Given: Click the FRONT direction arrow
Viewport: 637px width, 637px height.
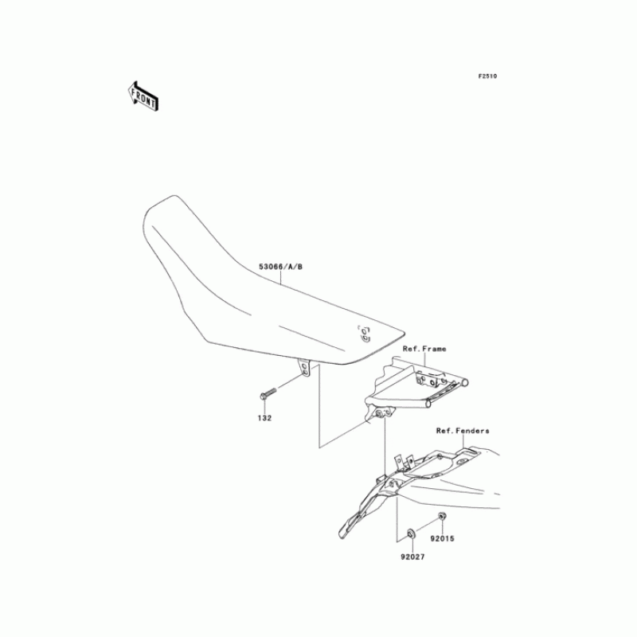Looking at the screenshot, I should (x=143, y=95).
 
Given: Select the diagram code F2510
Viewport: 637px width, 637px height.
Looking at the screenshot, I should (x=487, y=76).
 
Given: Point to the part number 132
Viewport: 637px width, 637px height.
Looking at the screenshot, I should (x=264, y=416).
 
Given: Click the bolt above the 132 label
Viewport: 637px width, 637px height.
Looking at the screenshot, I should (x=267, y=393).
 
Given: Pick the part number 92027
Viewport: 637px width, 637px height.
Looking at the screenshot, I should (x=412, y=557).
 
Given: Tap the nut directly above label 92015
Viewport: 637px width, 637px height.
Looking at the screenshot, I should (x=442, y=518).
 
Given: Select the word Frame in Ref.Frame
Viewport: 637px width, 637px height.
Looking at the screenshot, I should (x=435, y=349).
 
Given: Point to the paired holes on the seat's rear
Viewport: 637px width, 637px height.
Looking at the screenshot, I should (x=365, y=332).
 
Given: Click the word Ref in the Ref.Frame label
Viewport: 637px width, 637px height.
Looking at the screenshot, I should (x=410, y=349).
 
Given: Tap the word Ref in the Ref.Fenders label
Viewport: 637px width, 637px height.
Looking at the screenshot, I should (x=444, y=431).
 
